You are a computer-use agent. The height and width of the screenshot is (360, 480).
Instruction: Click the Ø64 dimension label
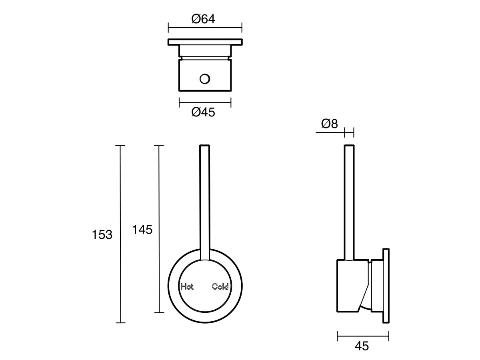click(x=203, y=19)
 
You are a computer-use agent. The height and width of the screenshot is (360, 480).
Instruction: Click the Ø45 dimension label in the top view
click(x=203, y=113)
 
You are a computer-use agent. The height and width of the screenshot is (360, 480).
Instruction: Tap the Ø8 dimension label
click(x=329, y=124)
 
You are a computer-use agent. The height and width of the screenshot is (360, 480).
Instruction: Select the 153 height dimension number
click(x=102, y=235)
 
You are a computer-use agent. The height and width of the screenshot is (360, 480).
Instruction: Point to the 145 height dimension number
click(x=142, y=230)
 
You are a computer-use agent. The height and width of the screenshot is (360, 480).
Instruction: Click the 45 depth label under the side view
click(x=362, y=346)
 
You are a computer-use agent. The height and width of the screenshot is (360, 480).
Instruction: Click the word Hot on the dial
click(x=187, y=286)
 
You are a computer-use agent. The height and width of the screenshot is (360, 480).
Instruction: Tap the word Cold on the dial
click(x=220, y=286)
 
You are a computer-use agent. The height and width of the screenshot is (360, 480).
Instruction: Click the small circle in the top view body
click(x=205, y=79)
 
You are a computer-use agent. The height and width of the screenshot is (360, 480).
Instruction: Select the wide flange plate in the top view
click(x=205, y=42)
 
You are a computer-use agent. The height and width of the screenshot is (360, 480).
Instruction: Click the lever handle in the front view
click(x=204, y=200)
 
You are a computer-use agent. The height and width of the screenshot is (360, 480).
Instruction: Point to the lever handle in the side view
click(x=349, y=200)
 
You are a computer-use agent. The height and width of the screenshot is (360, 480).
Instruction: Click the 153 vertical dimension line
click(x=120, y=180)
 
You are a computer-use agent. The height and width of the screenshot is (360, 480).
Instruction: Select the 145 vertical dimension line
click(x=159, y=180)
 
